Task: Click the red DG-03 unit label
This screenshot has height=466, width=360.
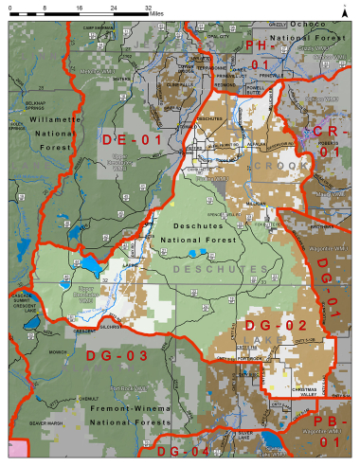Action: (x=112, y=356)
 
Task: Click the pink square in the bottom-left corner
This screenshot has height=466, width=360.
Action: (x=17, y=452)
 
